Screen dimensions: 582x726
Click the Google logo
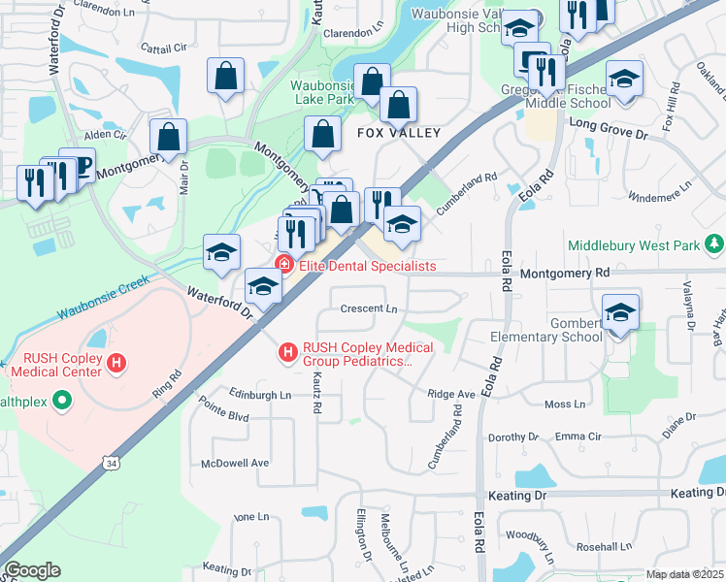click(x=32, y=570)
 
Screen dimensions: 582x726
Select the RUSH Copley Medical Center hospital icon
click(x=116, y=364)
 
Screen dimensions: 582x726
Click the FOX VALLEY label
click(x=399, y=133)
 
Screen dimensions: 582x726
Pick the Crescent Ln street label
click(x=370, y=309)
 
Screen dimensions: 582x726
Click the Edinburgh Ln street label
click(x=259, y=395)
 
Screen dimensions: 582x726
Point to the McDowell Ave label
click(x=234, y=463)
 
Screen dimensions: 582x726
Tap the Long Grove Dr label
click(x=607, y=123)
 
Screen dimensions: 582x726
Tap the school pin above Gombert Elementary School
click(x=621, y=312)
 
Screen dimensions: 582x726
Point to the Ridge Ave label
click(x=451, y=394)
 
